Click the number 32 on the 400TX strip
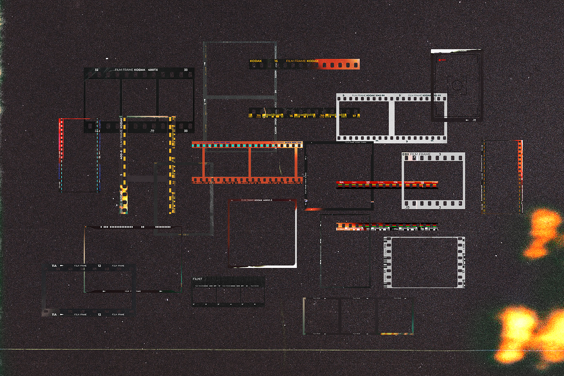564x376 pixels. (x=97, y=70)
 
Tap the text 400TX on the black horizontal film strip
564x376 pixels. (x=153, y=70)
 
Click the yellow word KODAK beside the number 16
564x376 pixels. (x=256, y=61)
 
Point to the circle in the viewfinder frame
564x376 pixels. (x=456, y=85)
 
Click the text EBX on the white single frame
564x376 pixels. (x=406, y=155)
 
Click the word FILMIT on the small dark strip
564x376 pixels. (x=197, y=279)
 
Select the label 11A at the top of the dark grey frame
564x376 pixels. (x=54, y=266)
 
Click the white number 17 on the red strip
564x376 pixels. (x=368, y=182)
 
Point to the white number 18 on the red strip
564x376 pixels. (x=422, y=182)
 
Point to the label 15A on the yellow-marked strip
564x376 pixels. (x=258, y=115)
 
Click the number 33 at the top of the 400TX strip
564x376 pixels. (x=186, y=70)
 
